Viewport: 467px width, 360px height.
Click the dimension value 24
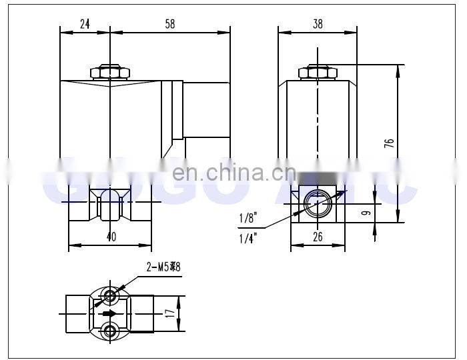(85, 23)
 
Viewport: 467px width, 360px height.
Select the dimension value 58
(169, 23)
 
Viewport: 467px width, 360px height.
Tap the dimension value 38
(318, 23)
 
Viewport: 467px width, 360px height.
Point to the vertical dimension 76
(390, 143)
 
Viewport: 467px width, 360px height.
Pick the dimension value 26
(318, 235)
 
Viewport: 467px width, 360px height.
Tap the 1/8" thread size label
(247, 217)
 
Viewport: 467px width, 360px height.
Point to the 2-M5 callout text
(163, 267)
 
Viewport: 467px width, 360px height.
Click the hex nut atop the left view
(111, 72)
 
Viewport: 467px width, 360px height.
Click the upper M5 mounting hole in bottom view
(111, 295)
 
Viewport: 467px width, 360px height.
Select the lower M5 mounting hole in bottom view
(111, 330)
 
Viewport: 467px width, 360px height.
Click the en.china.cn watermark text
(233, 173)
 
